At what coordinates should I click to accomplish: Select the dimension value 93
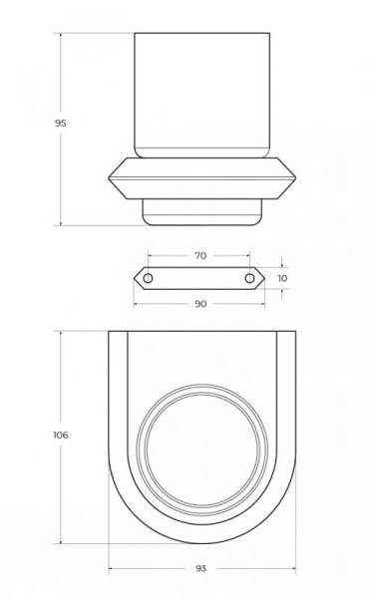coord(200,567)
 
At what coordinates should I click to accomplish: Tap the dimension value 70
coord(199,256)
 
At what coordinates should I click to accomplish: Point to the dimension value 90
coord(199,304)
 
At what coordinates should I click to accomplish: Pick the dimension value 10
coord(282,278)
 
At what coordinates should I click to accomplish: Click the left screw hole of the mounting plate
coord(149,278)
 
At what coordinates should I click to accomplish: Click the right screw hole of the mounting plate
coord(250,278)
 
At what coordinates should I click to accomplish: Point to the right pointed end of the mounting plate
coord(266,278)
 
